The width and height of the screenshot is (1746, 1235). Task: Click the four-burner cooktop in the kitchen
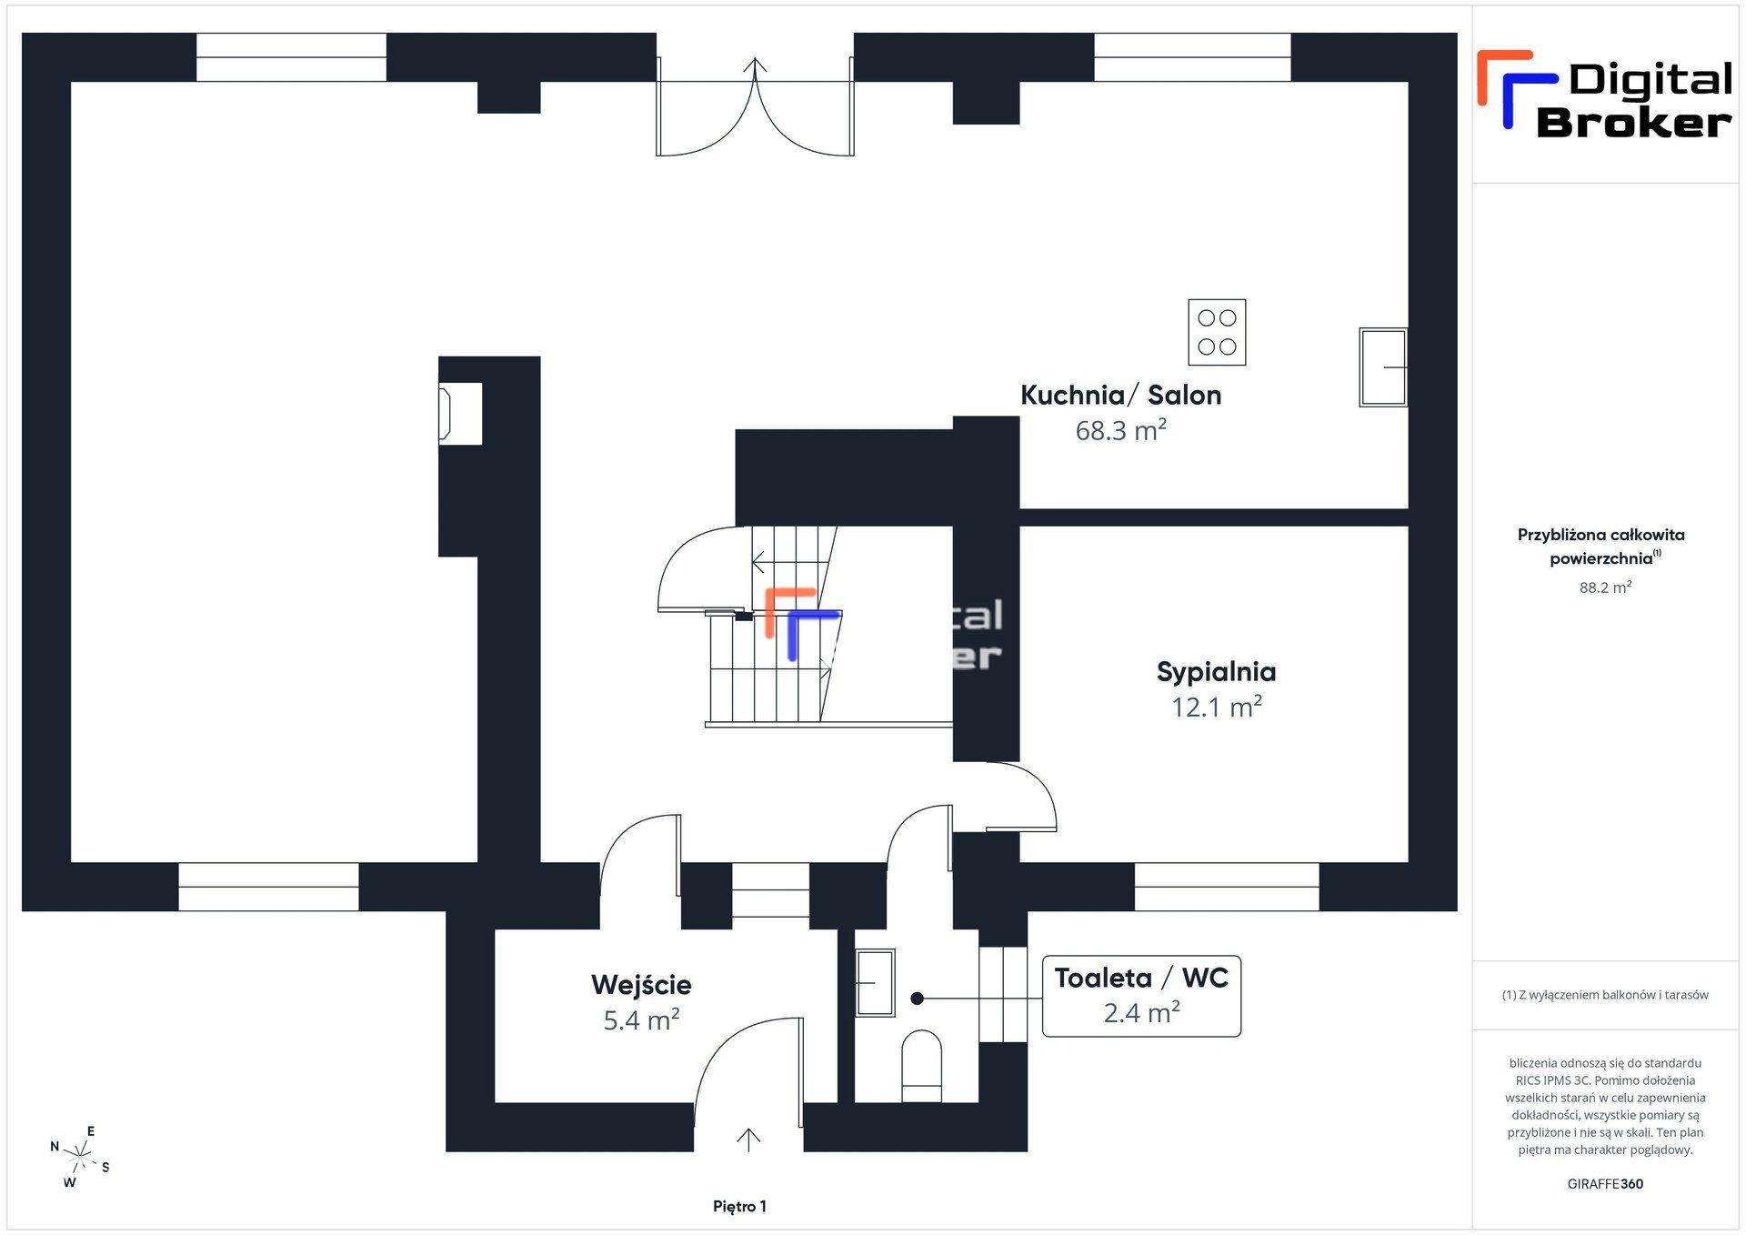tap(1217, 332)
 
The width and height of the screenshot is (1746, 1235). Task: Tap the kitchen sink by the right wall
tap(1383, 366)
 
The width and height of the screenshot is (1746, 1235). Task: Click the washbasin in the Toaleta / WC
tap(875, 982)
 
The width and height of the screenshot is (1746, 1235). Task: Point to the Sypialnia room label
tap(1216, 672)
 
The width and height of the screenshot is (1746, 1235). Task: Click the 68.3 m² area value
tap(1120, 429)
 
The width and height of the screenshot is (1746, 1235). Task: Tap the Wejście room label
tap(641, 985)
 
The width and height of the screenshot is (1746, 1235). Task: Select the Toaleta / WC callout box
tap(1141, 996)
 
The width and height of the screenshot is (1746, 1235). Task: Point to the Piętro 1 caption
tap(739, 1207)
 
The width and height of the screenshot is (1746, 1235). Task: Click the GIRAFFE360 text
tap(1605, 1184)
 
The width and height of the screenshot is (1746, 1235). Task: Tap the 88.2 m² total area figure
tap(1605, 587)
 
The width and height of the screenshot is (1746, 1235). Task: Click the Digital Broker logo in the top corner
tap(1605, 94)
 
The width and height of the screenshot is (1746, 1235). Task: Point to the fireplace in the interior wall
tap(460, 414)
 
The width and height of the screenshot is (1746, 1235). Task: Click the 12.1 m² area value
tap(1216, 707)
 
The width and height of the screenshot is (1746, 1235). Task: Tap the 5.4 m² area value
tap(641, 1020)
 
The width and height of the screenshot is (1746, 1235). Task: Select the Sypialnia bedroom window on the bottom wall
tap(1227, 887)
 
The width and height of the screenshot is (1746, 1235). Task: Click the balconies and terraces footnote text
tap(1605, 995)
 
